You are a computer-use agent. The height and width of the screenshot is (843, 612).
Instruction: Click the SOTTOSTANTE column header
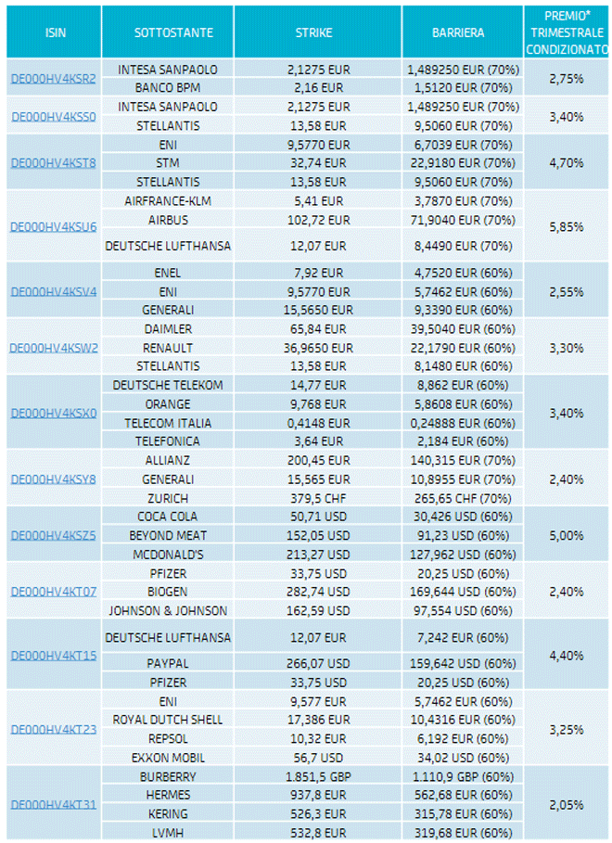click(173, 32)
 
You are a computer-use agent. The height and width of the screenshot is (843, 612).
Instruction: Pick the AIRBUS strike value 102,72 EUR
click(317, 220)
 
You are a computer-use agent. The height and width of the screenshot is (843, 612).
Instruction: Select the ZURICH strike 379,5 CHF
click(317, 497)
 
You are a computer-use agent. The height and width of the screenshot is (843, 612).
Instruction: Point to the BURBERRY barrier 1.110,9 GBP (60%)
click(461, 775)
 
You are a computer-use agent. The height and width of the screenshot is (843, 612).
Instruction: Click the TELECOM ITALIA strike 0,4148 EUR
click(317, 423)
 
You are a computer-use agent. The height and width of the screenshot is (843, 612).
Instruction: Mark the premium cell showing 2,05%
click(566, 803)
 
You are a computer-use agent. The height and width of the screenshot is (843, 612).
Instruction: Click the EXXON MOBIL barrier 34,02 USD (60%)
click(461, 757)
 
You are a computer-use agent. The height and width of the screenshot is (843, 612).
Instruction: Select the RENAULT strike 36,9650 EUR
click(317, 348)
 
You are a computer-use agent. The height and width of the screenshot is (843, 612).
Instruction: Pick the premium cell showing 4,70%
click(566, 162)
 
